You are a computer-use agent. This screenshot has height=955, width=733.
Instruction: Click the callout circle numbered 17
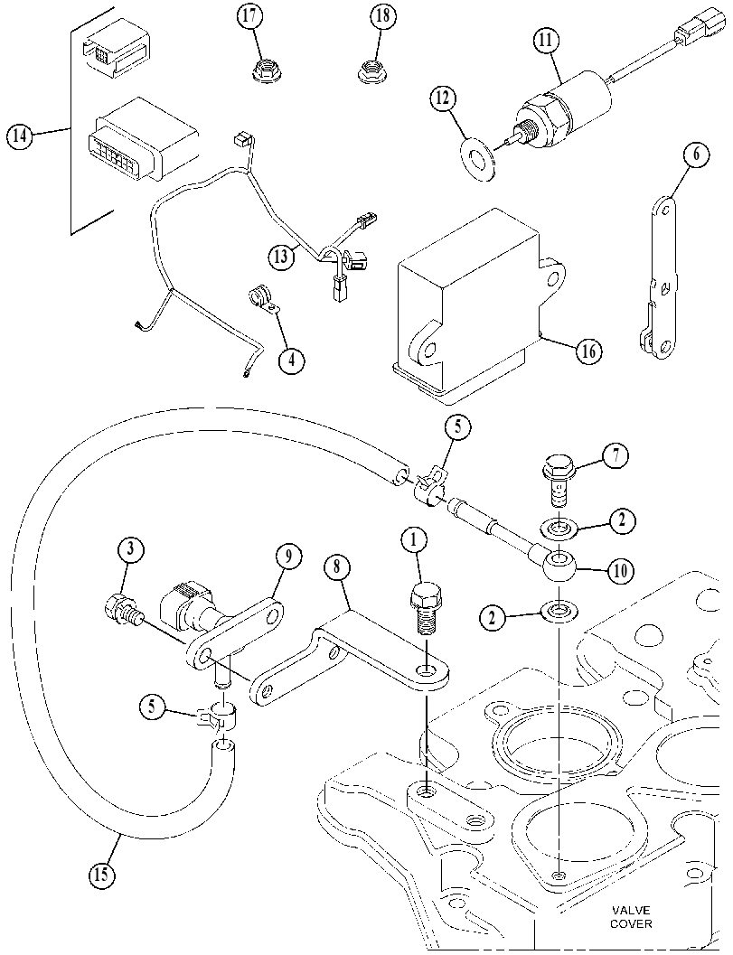[x=250, y=16]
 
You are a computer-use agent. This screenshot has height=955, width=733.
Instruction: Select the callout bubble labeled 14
[x=20, y=136]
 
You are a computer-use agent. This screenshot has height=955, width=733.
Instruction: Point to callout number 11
[x=545, y=41]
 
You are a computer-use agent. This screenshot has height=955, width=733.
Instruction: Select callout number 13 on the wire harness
[x=281, y=257]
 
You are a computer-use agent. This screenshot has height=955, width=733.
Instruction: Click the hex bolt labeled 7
[x=555, y=482]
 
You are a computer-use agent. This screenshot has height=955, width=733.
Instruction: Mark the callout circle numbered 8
[x=338, y=567]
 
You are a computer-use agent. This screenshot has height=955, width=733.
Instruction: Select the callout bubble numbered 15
[x=101, y=875]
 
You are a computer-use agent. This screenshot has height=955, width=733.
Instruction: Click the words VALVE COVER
[x=631, y=917]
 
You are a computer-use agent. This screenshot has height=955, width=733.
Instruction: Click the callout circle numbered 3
[x=130, y=549]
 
